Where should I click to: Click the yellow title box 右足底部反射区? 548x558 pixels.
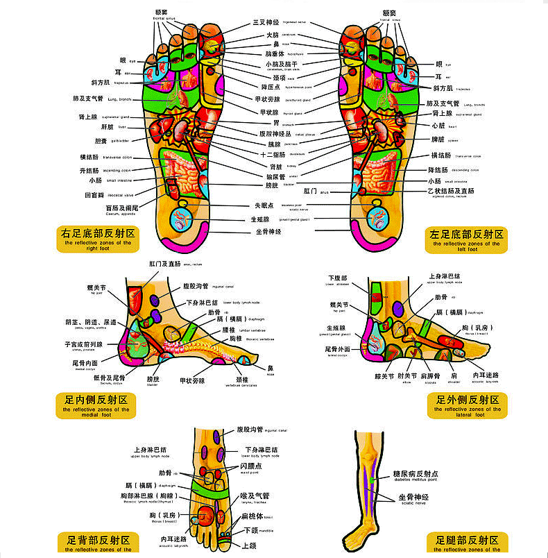(97, 239)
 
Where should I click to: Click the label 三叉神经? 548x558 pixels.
(266, 23)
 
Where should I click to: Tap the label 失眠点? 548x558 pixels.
(266, 206)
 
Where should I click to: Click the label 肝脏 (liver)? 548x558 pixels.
(107, 127)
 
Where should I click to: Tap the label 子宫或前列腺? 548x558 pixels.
(83, 344)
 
